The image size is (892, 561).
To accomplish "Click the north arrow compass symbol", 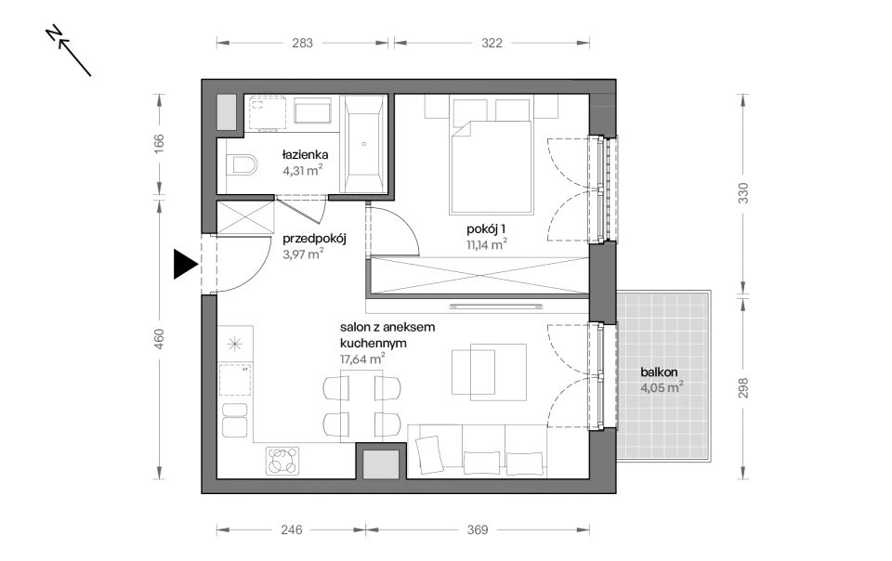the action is (68, 50).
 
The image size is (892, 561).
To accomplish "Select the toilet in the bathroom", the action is (242, 166).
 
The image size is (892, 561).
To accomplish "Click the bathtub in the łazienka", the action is (363, 144).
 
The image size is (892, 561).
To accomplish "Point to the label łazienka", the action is (305, 154).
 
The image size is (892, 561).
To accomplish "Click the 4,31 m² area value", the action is (303, 170).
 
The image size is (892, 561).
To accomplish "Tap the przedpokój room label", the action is (314, 239).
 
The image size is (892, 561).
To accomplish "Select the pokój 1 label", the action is (486, 229).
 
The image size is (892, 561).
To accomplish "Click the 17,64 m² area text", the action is (362, 359).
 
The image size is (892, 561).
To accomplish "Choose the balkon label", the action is (659, 372).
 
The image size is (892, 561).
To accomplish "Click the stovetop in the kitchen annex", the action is (282, 461).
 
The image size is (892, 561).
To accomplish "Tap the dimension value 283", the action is (302, 44).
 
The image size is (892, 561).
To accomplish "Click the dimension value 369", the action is (478, 529).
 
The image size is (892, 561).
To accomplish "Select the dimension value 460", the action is (159, 339).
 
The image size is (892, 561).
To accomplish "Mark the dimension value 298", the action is (743, 387).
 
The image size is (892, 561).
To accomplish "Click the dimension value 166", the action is (159, 140).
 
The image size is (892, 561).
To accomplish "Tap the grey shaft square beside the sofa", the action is (381, 463).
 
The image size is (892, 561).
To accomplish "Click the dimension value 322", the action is (492, 44).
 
